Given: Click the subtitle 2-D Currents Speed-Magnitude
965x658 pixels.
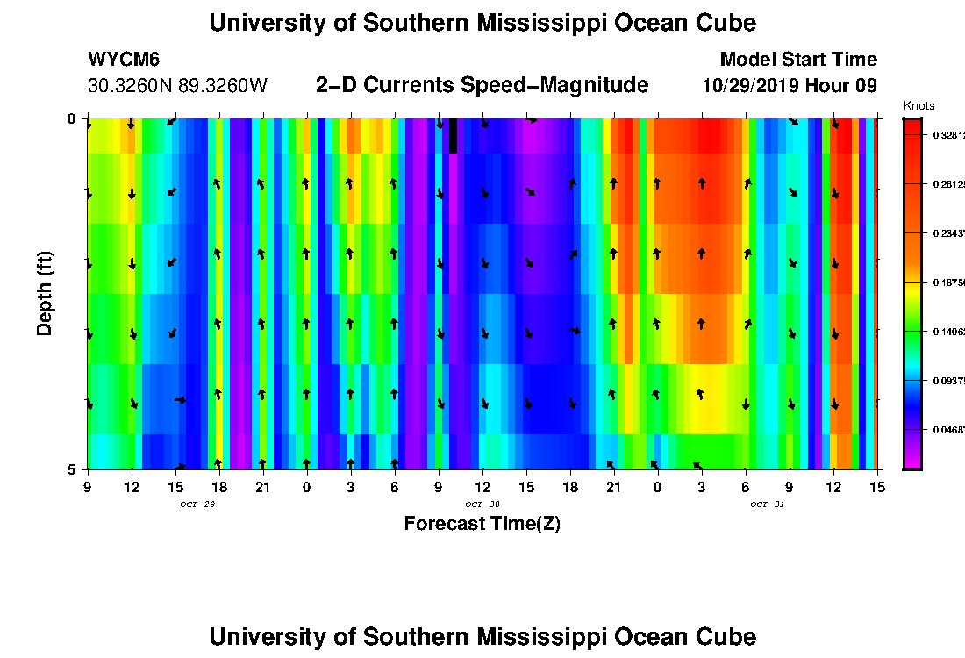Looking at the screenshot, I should [482, 85].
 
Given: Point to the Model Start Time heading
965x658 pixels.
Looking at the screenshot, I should [798, 60].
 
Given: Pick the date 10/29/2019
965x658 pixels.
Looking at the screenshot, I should [754, 86].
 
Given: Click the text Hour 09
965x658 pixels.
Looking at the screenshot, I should [844, 86].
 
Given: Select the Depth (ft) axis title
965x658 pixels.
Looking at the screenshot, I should [45, 294].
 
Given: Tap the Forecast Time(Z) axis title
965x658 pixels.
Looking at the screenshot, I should [482, 524].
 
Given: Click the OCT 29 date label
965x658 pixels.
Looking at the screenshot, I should [197, 504].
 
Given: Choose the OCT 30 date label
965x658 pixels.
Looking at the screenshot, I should [482, 504].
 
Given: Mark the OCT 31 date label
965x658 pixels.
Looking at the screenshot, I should [767, 504].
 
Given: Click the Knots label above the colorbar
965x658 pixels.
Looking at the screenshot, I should [919, 105].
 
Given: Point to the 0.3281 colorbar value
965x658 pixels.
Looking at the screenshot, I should [947, 135].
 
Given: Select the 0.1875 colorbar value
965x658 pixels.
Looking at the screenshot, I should [947, 283].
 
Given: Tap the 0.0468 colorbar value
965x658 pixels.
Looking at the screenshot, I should [947, 431].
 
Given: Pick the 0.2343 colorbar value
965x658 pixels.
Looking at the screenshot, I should [947, 234].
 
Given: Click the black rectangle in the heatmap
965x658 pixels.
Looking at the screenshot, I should [453, 136].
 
